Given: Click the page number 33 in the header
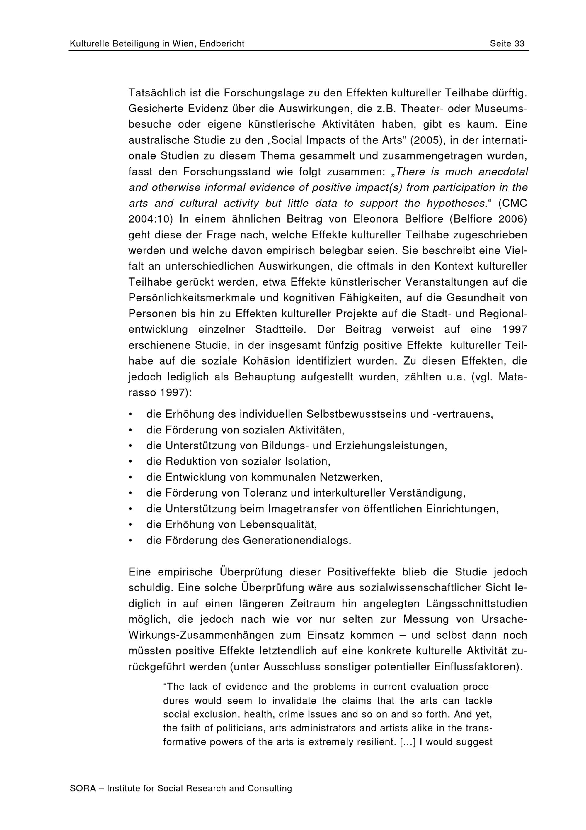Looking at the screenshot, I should point(519,44).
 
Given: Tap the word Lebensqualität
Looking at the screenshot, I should point(280,524).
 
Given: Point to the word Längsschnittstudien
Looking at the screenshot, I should point(477,604).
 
